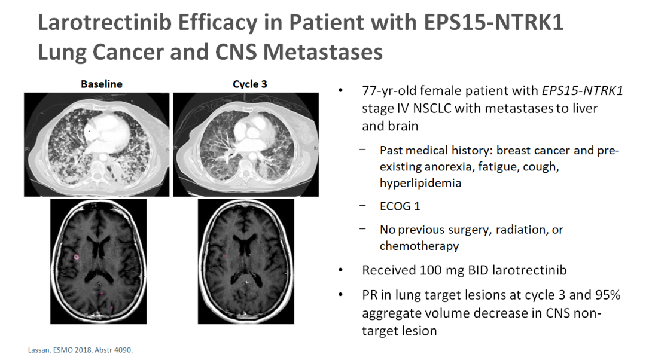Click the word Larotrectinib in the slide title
click(x=105, y=22)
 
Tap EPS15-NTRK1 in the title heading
click(x=493, y=22)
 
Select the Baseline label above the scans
click(x=101, y=84)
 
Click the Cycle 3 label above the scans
click(x=249, y=84)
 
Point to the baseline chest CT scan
click(x=96, y=145)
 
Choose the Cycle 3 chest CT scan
click(x=246, y=145)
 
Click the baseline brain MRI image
click(x=99, y=261)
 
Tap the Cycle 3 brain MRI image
click(x=246, y=261)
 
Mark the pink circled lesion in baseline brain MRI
click(x=76, y=257)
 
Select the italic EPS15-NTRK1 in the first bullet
click(x=582, y=91)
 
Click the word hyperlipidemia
click(x=420, y=183)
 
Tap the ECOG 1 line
click(x=400, y=206)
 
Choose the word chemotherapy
click(x=419, y=246)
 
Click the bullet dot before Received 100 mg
click(x=340, y=270)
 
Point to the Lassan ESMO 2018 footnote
click(x=80, y=350)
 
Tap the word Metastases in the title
click(x=322, y=52)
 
